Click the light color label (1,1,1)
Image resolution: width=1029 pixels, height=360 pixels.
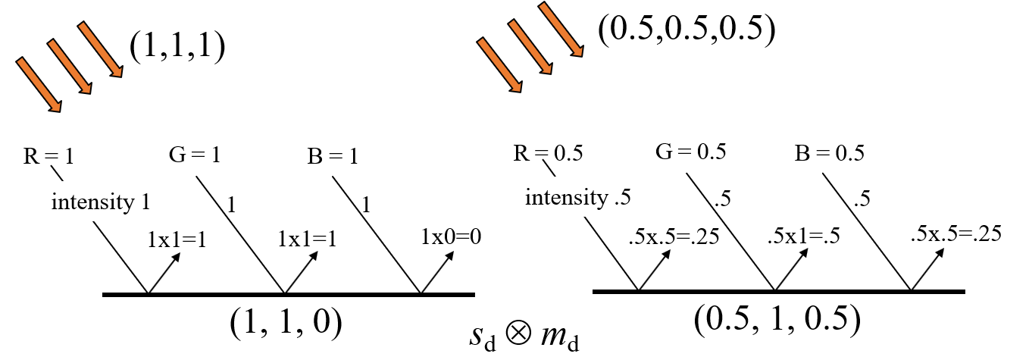coord(177,48)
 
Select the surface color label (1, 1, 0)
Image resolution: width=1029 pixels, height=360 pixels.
coord(286,322)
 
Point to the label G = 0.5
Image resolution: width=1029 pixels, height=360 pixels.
coord(690,152)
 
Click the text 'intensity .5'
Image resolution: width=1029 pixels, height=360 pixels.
coord(578,198)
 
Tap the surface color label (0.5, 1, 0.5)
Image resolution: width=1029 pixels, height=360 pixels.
coord(777,320)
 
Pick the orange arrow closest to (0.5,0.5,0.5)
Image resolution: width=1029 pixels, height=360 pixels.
coord(561,29)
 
